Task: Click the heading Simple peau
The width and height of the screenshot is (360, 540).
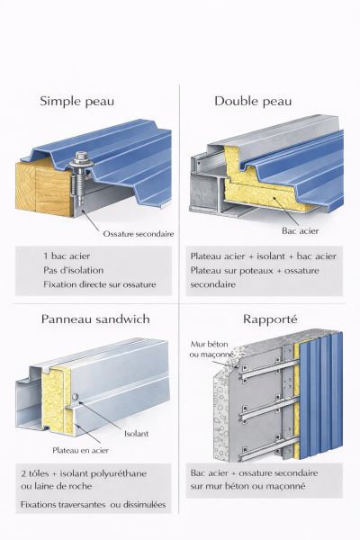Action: (x=76, y=102)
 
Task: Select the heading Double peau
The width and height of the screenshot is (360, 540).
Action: (x=253, y=101)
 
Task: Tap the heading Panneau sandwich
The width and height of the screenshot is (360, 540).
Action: (x=95, y=319)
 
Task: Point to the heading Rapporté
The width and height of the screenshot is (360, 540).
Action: (x=270, y=319)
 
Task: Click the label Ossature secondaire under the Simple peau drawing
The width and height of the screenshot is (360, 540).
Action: (x=139, y=234)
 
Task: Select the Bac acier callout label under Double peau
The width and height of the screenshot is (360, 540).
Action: (x=301, y=230)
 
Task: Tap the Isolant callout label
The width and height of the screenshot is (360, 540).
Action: (x=137, y=434)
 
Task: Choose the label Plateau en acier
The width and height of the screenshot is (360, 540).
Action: (x=81, y=451)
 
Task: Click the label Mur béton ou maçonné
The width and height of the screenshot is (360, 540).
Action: (x=211, y=349)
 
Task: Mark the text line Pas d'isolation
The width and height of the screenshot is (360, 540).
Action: (x=74, y=270)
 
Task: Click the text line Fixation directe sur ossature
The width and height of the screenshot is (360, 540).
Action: (x=100, y=284)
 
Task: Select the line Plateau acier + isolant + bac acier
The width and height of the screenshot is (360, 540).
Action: (x=263, y=256)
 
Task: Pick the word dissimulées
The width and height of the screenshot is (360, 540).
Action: (x=144, y=505)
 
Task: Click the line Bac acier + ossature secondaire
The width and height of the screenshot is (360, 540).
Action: (x=254, y=473)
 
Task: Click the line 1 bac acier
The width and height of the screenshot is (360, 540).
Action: (x=67, y=256)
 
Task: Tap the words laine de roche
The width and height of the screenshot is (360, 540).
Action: (x=62, y=487)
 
